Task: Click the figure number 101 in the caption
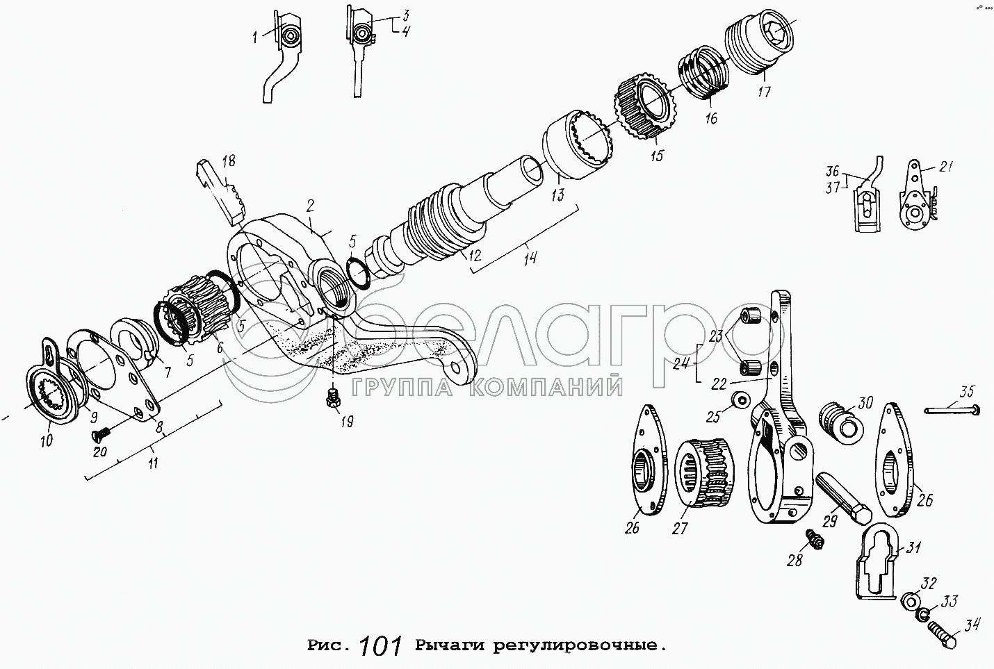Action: [381, 646]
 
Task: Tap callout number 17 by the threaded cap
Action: [764, 92]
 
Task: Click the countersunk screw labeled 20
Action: [100, 435]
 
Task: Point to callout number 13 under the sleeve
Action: [557, 195]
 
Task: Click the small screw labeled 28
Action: [813, 538]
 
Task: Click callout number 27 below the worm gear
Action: [680, 529]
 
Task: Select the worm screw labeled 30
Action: [840, 424]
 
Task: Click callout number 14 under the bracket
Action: [530, 258]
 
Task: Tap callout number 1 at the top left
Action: [254, 38]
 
